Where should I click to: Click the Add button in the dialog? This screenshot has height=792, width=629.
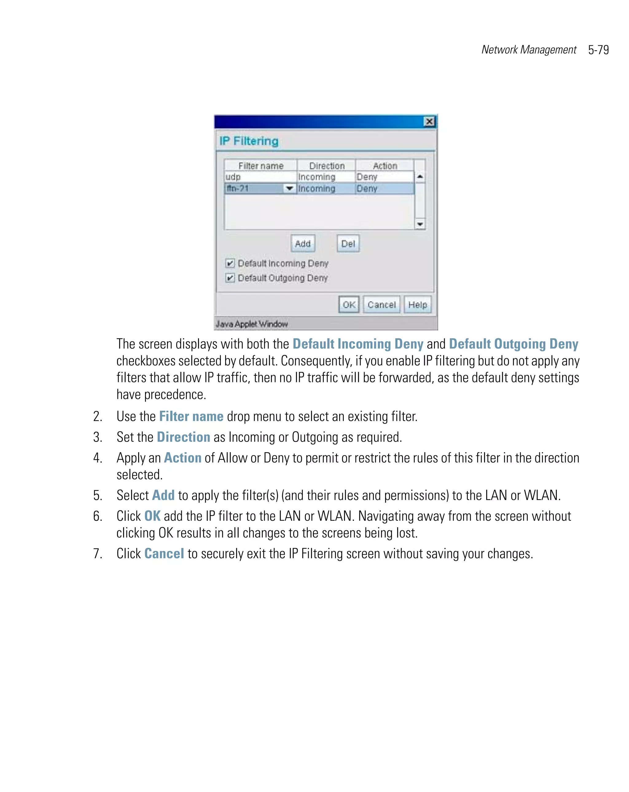coord(303,244)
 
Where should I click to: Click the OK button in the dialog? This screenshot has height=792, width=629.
coord(348,305)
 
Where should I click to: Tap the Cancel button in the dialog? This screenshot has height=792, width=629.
coord(381,305)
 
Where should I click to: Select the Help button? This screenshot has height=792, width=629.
coord(417,305)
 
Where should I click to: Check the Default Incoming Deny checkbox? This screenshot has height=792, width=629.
coord(230,263)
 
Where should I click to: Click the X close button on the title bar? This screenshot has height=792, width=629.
coord(429,122)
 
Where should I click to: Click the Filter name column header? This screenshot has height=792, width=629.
coord(260,166)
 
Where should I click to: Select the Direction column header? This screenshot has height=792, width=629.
coord(326,166)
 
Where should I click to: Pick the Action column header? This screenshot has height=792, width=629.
coord(385,166)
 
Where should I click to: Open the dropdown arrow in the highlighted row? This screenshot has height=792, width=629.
coord(289,189)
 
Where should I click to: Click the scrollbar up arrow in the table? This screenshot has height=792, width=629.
coord(420,177)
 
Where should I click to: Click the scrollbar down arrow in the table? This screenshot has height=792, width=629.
coord(420,224)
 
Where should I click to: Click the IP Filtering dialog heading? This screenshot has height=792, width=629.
coord(249,141)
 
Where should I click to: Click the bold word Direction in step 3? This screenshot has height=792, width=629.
coord(183,437)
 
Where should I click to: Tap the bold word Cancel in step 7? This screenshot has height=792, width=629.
coord(164,554)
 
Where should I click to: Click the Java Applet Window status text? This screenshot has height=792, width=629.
coord(251,324)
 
